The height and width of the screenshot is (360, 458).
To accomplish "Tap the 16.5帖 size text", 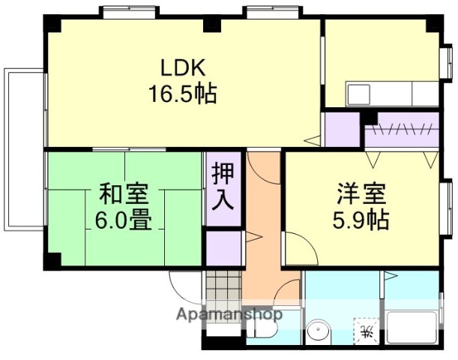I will click(x=182, y=94).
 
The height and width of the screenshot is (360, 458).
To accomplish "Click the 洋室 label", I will click(x=361, y=194).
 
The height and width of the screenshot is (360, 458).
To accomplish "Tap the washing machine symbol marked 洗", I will click(x=367, y=331).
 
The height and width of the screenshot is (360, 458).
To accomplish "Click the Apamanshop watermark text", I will click(x=229, y=315).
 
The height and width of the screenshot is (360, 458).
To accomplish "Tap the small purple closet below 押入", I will click(x=224, y=248).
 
